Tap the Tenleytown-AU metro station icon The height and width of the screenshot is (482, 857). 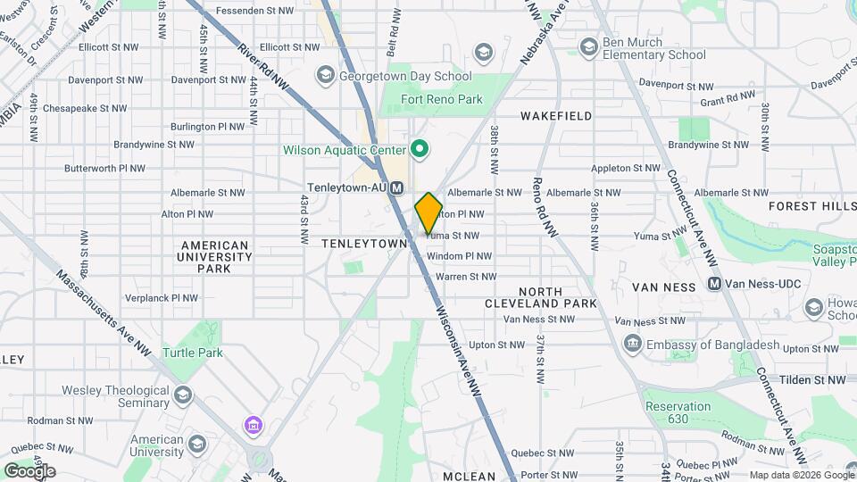coord(397,187)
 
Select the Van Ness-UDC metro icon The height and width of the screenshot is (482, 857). coord(713,284)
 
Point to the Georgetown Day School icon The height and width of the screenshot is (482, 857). coord(325,76)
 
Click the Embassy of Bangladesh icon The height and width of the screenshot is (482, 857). coord(632,345)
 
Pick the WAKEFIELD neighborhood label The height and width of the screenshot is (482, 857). coord(556,116)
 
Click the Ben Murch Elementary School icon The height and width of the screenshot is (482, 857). coord(588,46)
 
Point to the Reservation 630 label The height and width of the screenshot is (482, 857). coord(678,412)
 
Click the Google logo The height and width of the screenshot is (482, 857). coord(29,470)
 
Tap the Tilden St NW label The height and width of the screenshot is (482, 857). coord(811,379)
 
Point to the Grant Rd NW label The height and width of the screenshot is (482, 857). coord(728,100)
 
